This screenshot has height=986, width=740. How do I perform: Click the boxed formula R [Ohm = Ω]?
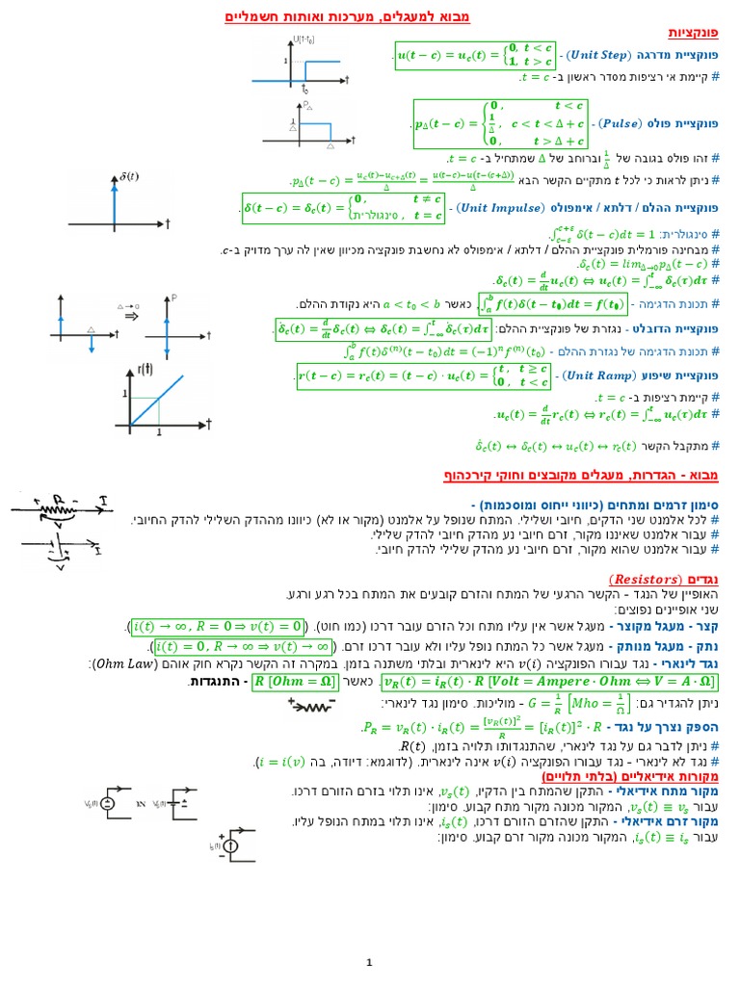point(299,682)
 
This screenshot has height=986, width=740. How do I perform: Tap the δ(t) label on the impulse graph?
point(126,175)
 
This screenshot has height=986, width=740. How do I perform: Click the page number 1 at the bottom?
point(369,962)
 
